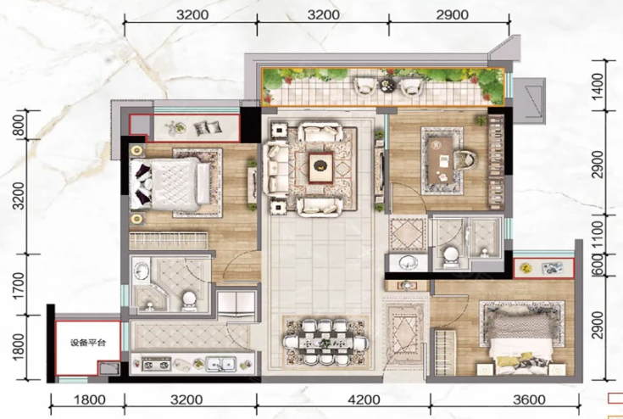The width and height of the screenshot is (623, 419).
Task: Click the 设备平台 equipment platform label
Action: (88, 343)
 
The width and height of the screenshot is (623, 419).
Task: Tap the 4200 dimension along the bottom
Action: (363, 399)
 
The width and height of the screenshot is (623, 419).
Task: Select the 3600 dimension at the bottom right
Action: (529, 399)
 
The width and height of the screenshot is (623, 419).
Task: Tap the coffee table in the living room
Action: (321, 167)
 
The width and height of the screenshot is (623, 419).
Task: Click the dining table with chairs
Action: (325, 342)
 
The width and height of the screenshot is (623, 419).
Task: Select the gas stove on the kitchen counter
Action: (156, 364)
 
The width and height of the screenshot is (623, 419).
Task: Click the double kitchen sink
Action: (221, 364)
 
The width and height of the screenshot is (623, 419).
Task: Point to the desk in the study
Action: (442, 161)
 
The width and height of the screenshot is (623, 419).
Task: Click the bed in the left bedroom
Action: (171, 184)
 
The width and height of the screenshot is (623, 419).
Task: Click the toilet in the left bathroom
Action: (188, 300)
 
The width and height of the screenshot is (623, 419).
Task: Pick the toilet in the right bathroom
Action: (450, 256)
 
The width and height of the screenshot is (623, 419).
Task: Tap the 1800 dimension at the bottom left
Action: (89, 399)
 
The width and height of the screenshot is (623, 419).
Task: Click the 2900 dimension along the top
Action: (452, 14)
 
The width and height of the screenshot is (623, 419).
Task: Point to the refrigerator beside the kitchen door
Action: (236, 304)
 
